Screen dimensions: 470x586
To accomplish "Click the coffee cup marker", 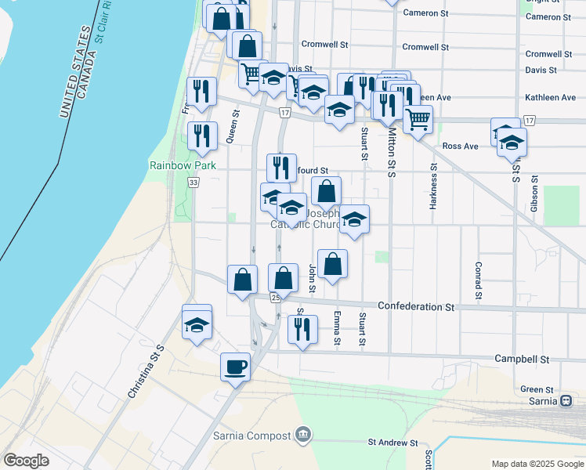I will (x=234, y=367).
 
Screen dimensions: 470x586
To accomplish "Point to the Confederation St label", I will (x=416, y=306).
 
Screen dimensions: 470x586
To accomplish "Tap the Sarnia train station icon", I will (x=566, y=399).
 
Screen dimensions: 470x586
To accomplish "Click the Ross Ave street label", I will (x=460, y=146).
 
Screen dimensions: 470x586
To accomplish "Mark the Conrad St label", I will (x=477, y=280).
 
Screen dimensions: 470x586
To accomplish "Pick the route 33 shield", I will (x=194, y=182).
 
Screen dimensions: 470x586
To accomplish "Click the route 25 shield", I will (x=275, y=298).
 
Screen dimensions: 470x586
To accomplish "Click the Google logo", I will (x=27, y=461).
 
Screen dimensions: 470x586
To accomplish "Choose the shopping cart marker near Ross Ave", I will (x=418, y=120).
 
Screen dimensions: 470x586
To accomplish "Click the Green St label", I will (x=537, y=389).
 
